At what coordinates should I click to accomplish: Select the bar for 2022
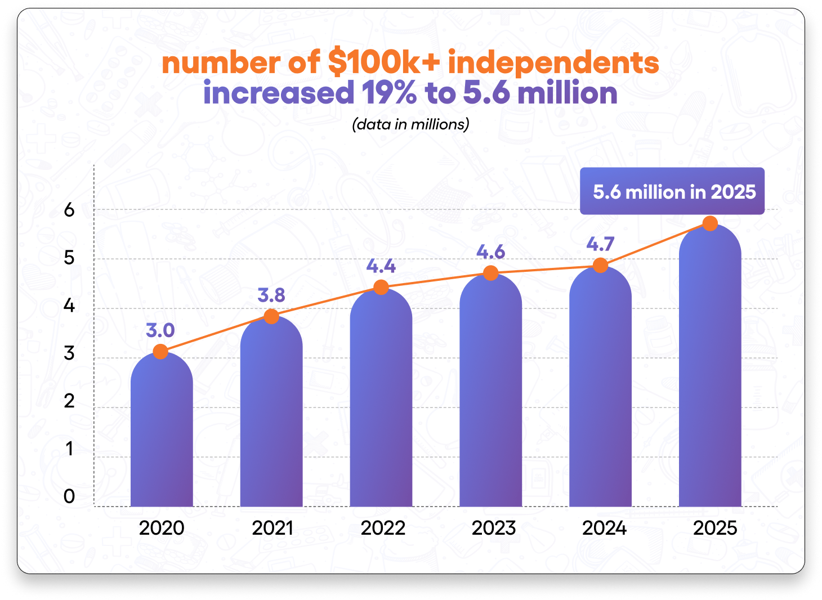tap(381, 400)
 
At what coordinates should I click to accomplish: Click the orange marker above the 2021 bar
tap(271, 316)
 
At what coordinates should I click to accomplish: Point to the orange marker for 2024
tap(600, 265)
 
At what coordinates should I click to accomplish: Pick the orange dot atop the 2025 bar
tap(710, 223)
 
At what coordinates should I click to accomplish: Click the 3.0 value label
tap(160, 330)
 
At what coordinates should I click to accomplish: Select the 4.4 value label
tap(381, 266)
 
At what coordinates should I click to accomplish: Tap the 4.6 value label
tap(490, 252)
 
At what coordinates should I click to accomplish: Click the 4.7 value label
tap(600, 244)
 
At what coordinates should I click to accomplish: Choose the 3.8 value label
tap(271, 295)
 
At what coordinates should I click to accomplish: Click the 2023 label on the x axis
tap(493, 528)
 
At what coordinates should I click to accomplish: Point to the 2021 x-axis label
tap(272, 528)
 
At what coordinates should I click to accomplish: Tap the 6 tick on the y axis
tap(69, 210)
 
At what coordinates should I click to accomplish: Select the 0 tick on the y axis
tap(69, 496)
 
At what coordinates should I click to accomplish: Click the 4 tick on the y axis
tap(69, 306)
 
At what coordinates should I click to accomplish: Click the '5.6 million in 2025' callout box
tap(672, 191)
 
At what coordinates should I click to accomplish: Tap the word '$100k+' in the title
tap(383, 62)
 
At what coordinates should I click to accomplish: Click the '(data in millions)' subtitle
tap(410, 124)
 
